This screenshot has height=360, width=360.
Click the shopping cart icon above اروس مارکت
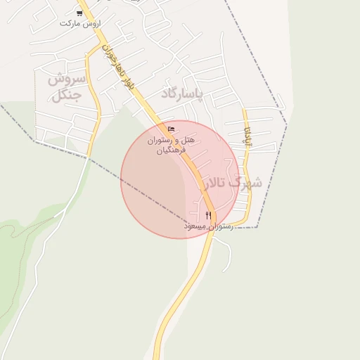[79, 13]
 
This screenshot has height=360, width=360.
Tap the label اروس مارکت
[80, 23]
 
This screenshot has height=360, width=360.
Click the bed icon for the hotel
[172, 129]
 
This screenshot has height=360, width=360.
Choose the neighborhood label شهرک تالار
[232, 184]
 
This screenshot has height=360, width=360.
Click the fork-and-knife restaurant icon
[208, 214]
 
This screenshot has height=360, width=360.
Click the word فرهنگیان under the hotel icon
[171, 150]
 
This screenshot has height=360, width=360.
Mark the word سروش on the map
[67, 79]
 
